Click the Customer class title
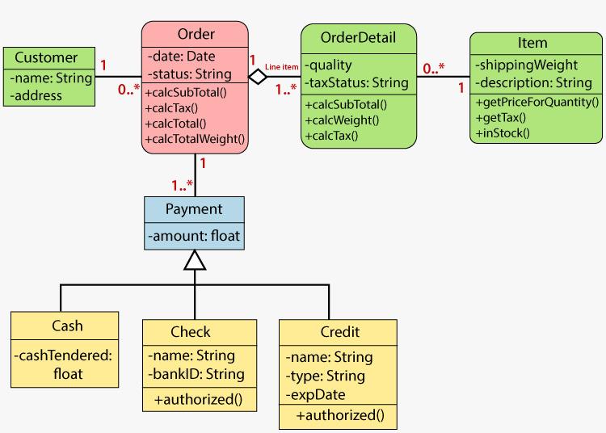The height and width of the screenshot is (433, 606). pyautogui.click(x=46, y=57)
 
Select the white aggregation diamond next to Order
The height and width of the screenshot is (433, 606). pyautogui.click(x=258, y=77)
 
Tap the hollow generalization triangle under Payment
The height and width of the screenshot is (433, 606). pyautogui.click(x=194, y=259)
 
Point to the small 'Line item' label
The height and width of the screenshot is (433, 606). pyautogui.click(x=282, y=65)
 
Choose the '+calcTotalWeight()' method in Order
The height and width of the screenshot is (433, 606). pyautogui.click(x=195, y=140)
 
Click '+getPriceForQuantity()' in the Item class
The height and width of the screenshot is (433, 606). pyautogui.click(x=537, y=101)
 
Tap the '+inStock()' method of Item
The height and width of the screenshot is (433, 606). pyautogui.click(x=503, y=132)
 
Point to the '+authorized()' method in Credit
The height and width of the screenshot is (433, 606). pyautogui.click(x=340, y=415)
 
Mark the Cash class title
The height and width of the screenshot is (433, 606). pyautogui.click(x=67, y=326)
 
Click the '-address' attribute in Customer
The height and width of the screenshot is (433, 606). pyautogui.click(x=36, y=95)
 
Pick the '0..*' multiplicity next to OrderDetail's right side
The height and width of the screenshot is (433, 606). pyautogui.click(x=433, y=69)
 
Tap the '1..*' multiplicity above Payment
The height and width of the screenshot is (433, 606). pyautogui.click(x=182, y=185)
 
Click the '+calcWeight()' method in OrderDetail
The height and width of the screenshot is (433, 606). pyautogui.click(x=343, y=120)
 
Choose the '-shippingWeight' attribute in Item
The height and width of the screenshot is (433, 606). pyautogui.click(x=526, y=65)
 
